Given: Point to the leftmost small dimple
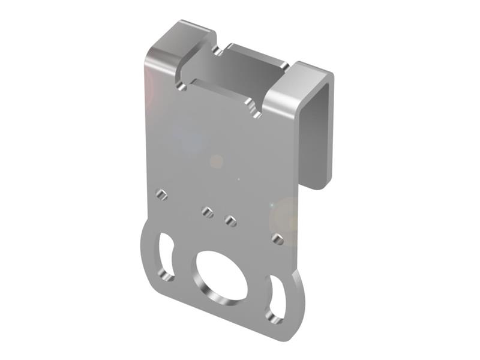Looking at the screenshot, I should pos(161,194).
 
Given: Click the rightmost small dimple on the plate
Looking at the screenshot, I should pos(277,239).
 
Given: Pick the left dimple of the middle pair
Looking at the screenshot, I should pos(208,212).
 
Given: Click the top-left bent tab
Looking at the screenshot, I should pos(177,45).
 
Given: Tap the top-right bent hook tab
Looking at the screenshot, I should pos(297,90).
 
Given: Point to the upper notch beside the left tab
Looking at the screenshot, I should pos(217,51).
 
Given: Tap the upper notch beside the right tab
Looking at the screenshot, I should pos(284,65).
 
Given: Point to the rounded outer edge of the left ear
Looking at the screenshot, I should pos(144,252).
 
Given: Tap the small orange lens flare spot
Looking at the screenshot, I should pos(217,161).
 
